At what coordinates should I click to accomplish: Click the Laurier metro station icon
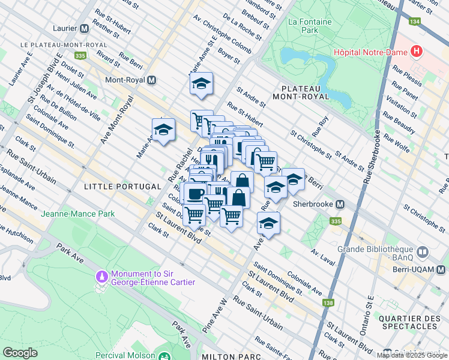(84, 28)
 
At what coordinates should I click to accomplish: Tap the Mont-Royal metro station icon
(152, 80)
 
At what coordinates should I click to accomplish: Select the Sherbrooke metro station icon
(340, 203)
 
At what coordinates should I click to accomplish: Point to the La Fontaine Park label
(303, 25)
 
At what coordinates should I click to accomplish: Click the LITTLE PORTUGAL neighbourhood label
(115, 187)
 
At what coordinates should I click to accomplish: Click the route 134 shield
(414, 22)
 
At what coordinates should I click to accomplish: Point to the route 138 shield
(328, 303)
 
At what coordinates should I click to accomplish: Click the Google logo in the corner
(20, 352)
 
